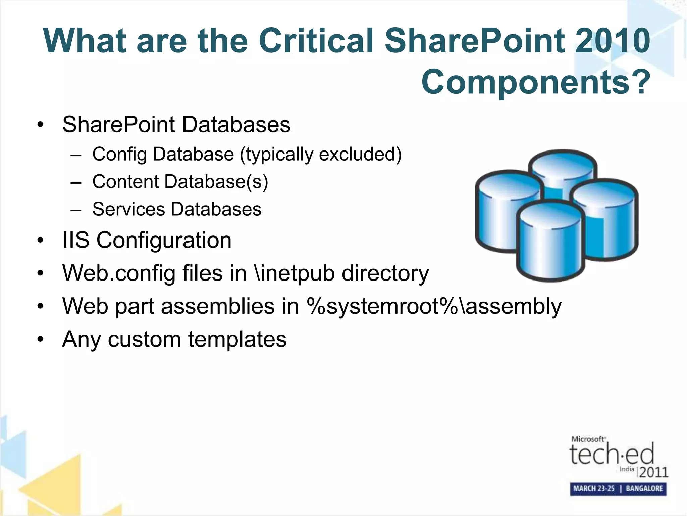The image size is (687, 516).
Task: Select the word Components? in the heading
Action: (536, 82)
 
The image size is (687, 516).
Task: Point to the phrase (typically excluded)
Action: (320, 155)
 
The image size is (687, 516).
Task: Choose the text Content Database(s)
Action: (180, 182)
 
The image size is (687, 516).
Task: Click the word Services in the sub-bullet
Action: (128, 209)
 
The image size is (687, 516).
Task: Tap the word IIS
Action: (76, 240)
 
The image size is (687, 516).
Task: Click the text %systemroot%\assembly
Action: (434, 306)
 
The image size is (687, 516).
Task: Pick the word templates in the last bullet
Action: (237, 339)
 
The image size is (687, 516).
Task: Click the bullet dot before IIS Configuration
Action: (41, 241)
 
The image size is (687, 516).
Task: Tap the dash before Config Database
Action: (76, 155)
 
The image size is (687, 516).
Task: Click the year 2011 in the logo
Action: (653, 472)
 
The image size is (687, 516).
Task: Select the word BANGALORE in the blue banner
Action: (644, 488)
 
